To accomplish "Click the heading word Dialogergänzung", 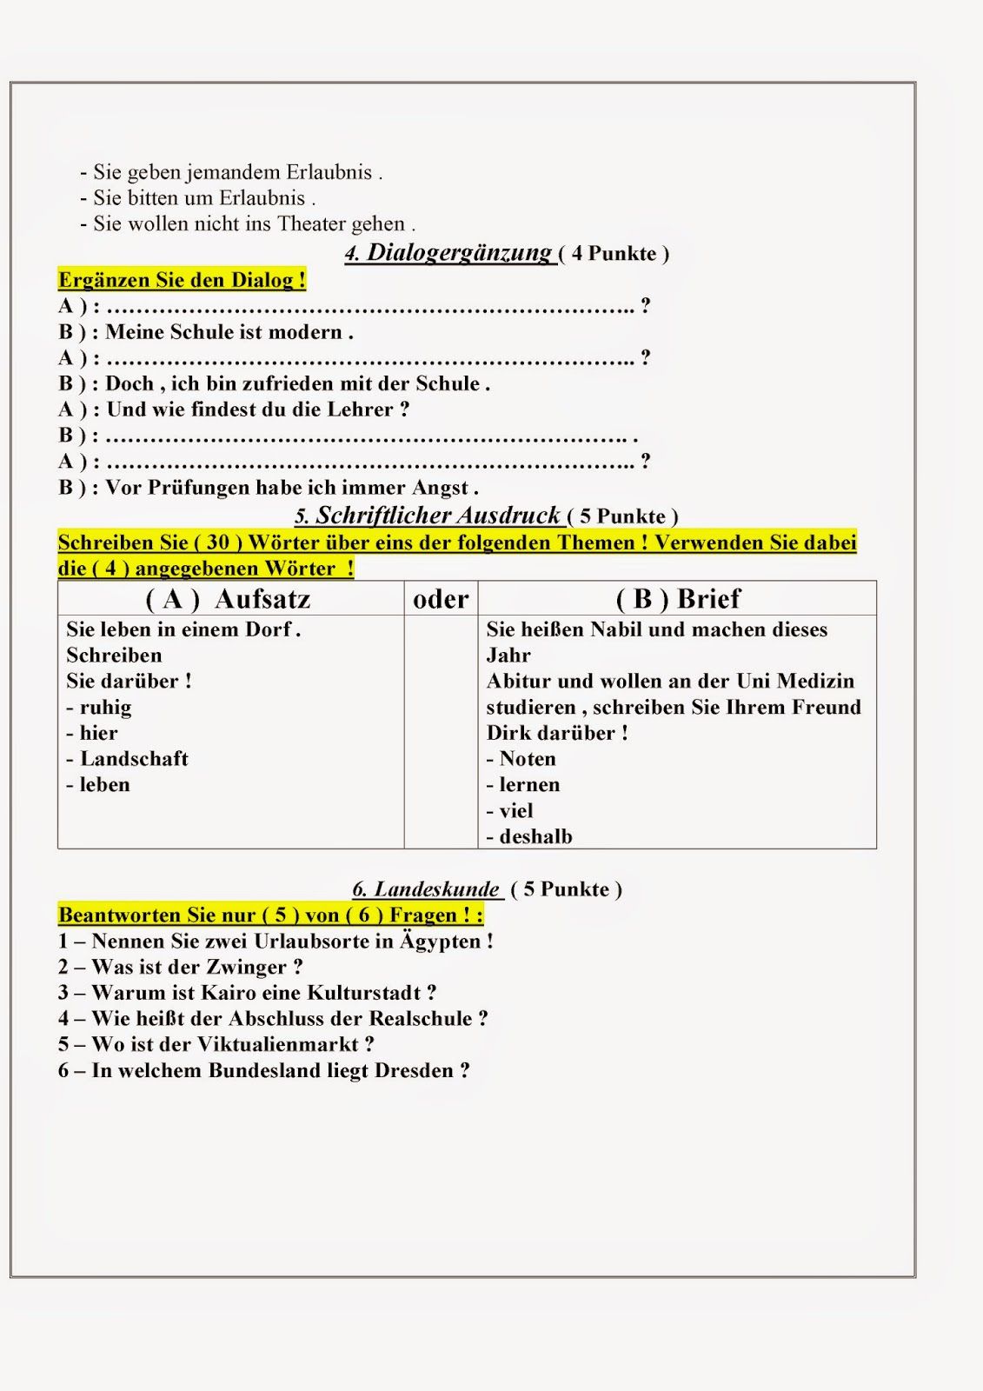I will (x=460, y=253).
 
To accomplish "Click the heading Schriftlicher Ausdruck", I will (x=438, y=516).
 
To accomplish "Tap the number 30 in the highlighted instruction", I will (x=217, y=542).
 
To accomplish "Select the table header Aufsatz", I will (x=262, y=599).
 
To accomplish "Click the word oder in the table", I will (x=441, y=599).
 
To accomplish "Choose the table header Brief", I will (x=708, y=599).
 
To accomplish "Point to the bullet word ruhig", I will (x=106, y=708).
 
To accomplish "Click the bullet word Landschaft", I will (x=134, y=759).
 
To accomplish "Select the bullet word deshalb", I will (x=535, y=837).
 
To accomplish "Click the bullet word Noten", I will (x=528, y=759).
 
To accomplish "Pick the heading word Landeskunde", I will (x=437, y=889).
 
